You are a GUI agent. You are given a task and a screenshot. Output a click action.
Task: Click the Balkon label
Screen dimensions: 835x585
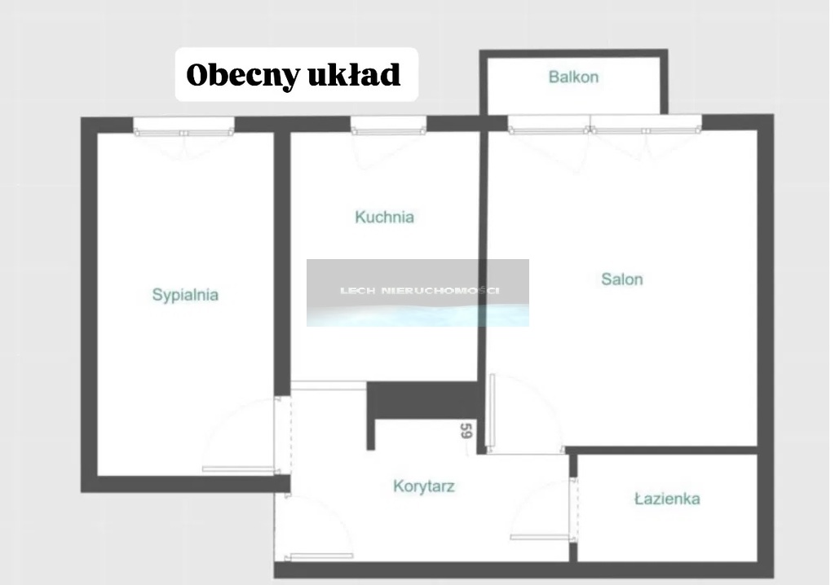pyautogui.click(x=573, y=77)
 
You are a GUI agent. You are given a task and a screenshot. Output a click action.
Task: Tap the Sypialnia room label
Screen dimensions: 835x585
pyautogui.click(x=185, y=294)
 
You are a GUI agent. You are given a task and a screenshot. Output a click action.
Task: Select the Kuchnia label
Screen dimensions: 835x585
pyautogui.click(x=385, y=217)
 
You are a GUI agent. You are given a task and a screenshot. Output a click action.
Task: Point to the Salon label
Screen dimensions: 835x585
pyautogui.click(x=622, y=279)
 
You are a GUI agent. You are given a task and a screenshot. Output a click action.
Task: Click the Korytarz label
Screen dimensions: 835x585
pyautogui.click(x=424, y=486)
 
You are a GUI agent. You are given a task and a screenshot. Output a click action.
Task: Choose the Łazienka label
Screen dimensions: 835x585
pyautogui.click(x=667, y=499)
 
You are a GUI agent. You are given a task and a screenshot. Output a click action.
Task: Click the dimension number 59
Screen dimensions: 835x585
pyautogui.click(x=466, y=430)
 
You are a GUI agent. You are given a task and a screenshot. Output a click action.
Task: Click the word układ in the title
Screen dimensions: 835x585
pyautogui.click(x=354, y=74)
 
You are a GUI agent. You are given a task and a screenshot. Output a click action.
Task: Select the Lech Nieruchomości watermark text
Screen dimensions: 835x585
pyautogui.click(x=420, y=291)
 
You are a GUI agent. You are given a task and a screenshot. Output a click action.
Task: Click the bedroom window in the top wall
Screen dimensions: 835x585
pyautogui.click(x=183, y=126)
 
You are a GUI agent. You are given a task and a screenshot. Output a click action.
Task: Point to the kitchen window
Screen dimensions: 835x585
pyautogui.click(x=388, y=125)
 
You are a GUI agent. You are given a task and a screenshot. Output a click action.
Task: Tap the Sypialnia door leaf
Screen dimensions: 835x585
pyautogui.click(x=238, y=469)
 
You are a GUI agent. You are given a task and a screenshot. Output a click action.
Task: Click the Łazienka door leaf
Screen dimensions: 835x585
pyautogui.click(x=540, y=537)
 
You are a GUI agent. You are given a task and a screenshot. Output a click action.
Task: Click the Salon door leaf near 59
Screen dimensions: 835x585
pyautogui.click(x=492, y=411)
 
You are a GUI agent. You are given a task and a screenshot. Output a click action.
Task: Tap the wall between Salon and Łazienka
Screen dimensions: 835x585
pyautogui.click(x=660, y=451)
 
